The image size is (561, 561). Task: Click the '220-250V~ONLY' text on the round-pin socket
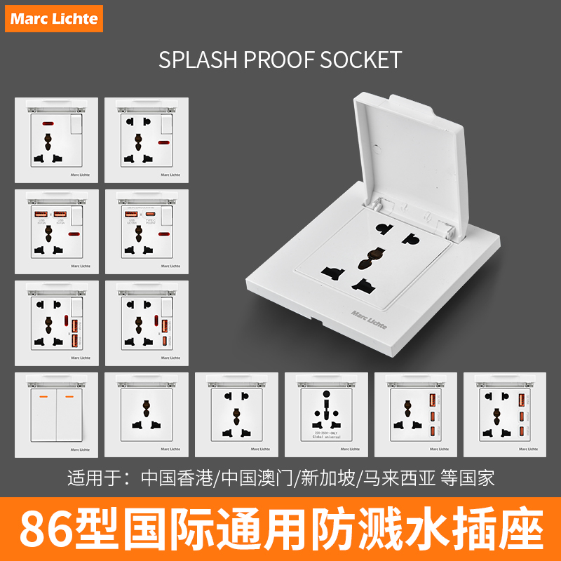[325, 432]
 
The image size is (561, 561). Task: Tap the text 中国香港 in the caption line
[180, 478]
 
